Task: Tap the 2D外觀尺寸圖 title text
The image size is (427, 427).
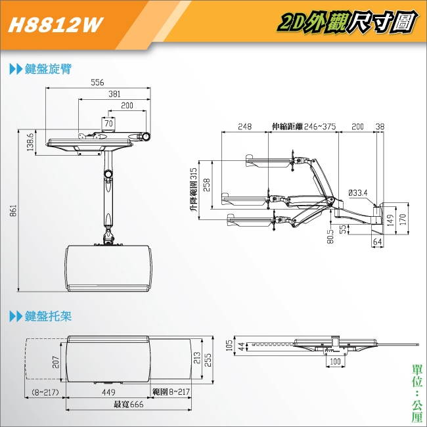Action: point(348,24)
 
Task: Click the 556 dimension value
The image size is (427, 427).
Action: point(98,83)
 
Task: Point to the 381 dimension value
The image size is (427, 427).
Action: point(114,95)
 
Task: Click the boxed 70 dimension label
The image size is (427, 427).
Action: point(108,123)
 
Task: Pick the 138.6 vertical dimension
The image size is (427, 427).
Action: point(30,142)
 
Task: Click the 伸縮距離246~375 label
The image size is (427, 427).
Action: point(303,126)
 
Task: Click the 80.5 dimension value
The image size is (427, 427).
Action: point(330,235)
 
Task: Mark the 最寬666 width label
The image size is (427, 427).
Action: point(128,405)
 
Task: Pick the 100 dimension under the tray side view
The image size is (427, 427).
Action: point(336,362)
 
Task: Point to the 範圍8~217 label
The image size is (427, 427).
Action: point(171,392)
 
